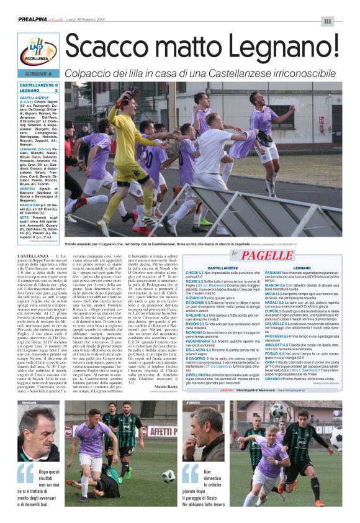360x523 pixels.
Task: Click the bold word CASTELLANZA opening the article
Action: (34, 255)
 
